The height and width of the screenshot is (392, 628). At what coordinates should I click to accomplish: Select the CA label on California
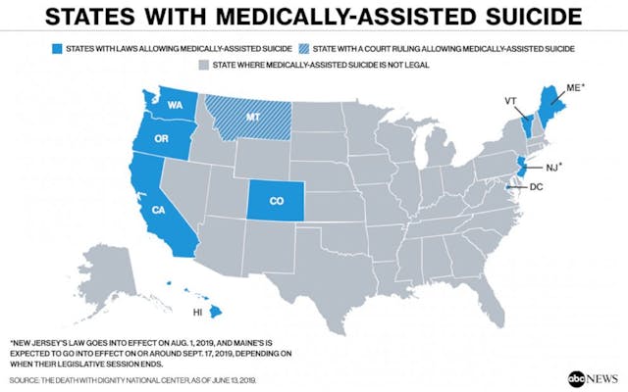(159, 209)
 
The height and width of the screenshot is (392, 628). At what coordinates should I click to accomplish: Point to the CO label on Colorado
(276, 200)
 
